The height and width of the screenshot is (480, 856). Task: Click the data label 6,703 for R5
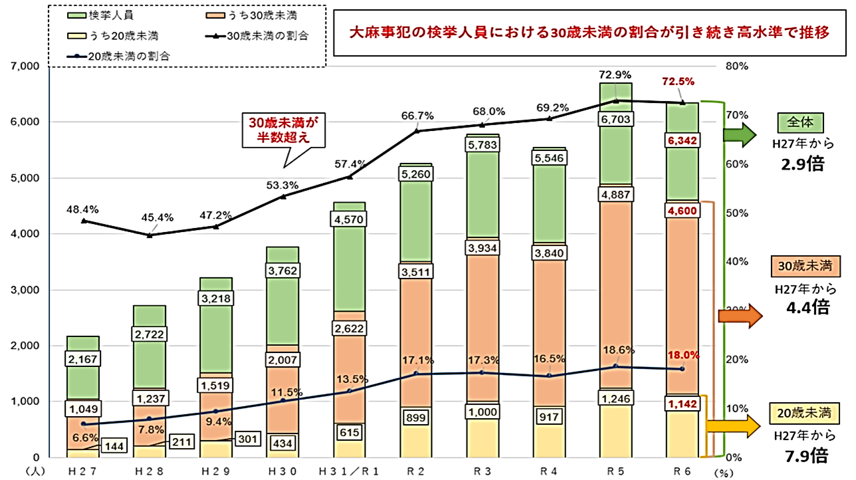(x=615, y=119)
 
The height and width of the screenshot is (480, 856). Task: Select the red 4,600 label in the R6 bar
(x=682, y=210)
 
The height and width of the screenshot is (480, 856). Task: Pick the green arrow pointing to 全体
(x=739, y=135)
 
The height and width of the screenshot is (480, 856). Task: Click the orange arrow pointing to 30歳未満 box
(x=739, y=316)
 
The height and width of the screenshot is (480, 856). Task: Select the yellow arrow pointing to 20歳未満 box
(x=739, y=425)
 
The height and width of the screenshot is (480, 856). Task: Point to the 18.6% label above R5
(x=615, y=350)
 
